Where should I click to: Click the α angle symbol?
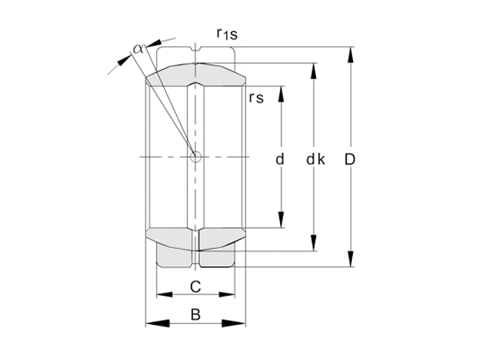point(138,48)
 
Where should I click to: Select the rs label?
point(256,98)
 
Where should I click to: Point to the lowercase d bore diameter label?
point(280,159)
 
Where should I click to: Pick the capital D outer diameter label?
point(350,159)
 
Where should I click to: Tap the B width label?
point(194,315)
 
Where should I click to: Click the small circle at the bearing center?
point(195,157)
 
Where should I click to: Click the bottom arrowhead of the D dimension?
point(350,259)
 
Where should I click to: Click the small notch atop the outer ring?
point(195,54)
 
